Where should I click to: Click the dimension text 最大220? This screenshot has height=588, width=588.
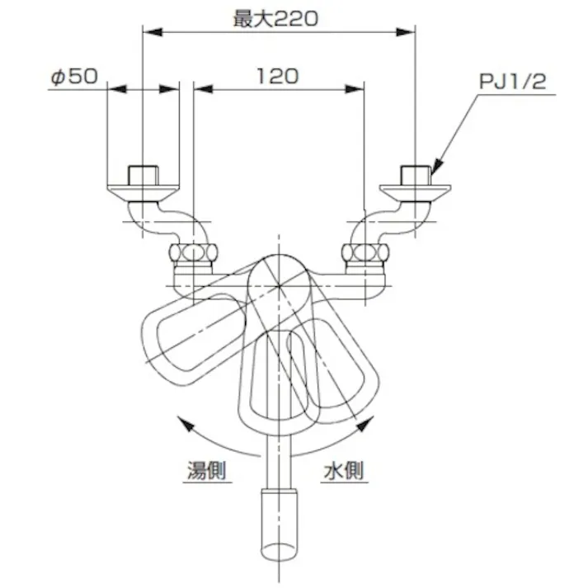[x=275, y=19]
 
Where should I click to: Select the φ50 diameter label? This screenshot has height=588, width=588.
[x=73, y=77]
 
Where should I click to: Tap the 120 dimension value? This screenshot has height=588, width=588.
[x=277, y=77]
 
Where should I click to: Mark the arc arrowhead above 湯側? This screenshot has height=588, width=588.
[x=185, y=426]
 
